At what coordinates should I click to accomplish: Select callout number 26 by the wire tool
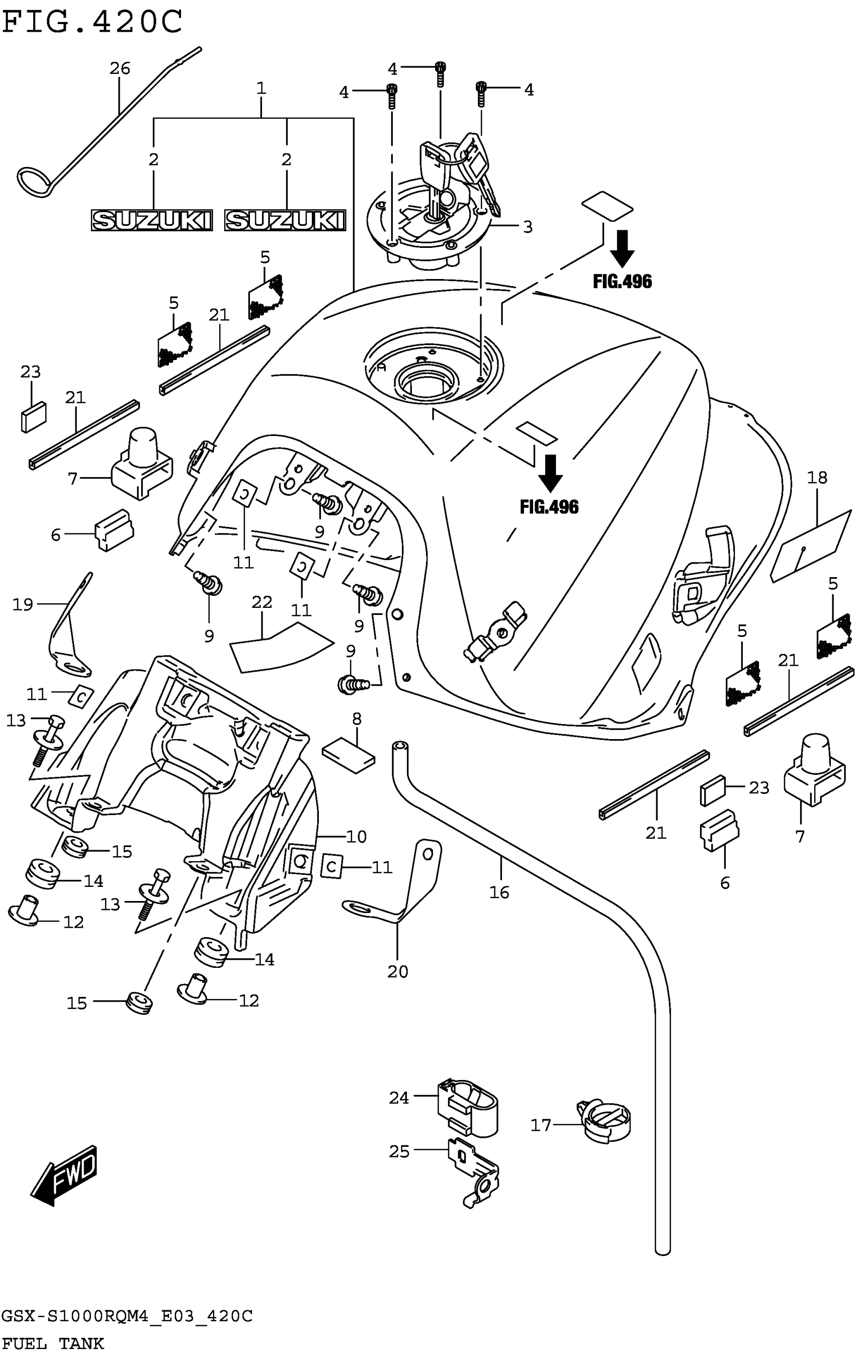[x=120, y=68]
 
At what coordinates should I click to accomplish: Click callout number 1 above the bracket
[x=261, y=88]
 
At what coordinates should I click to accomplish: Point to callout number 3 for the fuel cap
[x=528, y=226]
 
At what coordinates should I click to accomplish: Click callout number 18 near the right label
[x=817, y=478]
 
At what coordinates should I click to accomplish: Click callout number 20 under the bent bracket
[x=397, y=972]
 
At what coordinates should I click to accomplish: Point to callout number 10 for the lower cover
[x=357, y=837]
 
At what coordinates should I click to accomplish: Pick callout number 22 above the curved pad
[x=262, y=602]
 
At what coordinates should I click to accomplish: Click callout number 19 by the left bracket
[x=23, y=604]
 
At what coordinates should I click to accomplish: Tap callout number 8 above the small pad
[x=357, y=719]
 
